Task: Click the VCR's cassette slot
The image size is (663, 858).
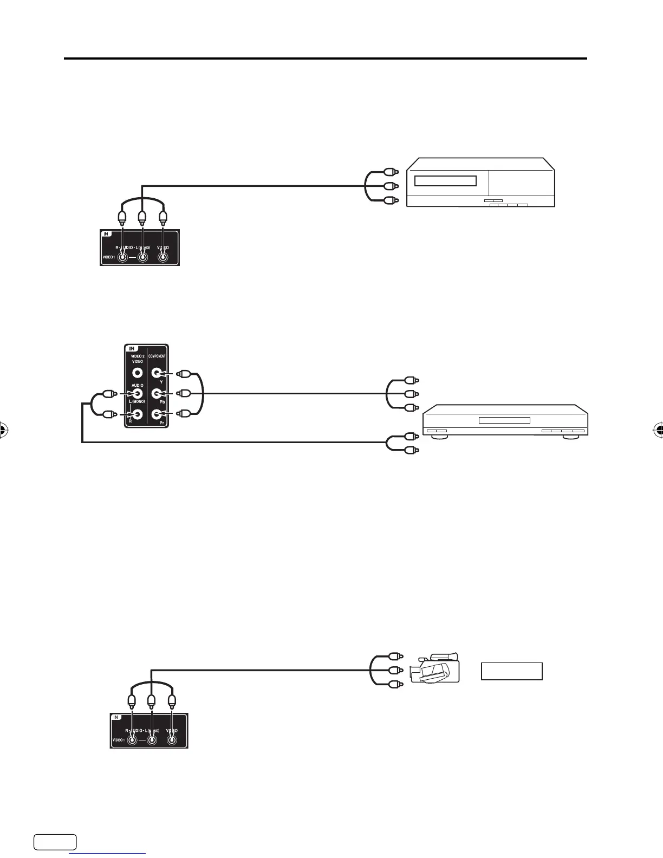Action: pos(445,181)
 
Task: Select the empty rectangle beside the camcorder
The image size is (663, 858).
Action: pos(512,671)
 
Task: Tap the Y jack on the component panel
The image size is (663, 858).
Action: pos(157,373)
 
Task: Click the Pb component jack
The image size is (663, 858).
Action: pos(157,393)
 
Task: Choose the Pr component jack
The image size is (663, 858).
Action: pos(157,414)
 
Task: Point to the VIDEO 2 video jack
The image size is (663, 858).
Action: pos(137,373)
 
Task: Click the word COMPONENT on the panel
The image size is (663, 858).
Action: pos(157,356)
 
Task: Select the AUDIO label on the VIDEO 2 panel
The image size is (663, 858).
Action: pos(136,385)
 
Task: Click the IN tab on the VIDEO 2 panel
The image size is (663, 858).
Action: pos(132,348)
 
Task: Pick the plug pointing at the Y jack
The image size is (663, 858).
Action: pos(185,373)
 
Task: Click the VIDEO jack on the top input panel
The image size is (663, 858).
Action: pos(162,257)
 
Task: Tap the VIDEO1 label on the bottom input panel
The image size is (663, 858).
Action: pos(118,738)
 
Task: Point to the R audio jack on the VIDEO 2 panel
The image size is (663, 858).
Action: pos(137,414)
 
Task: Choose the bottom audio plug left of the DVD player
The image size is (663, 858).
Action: pos(412,450)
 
